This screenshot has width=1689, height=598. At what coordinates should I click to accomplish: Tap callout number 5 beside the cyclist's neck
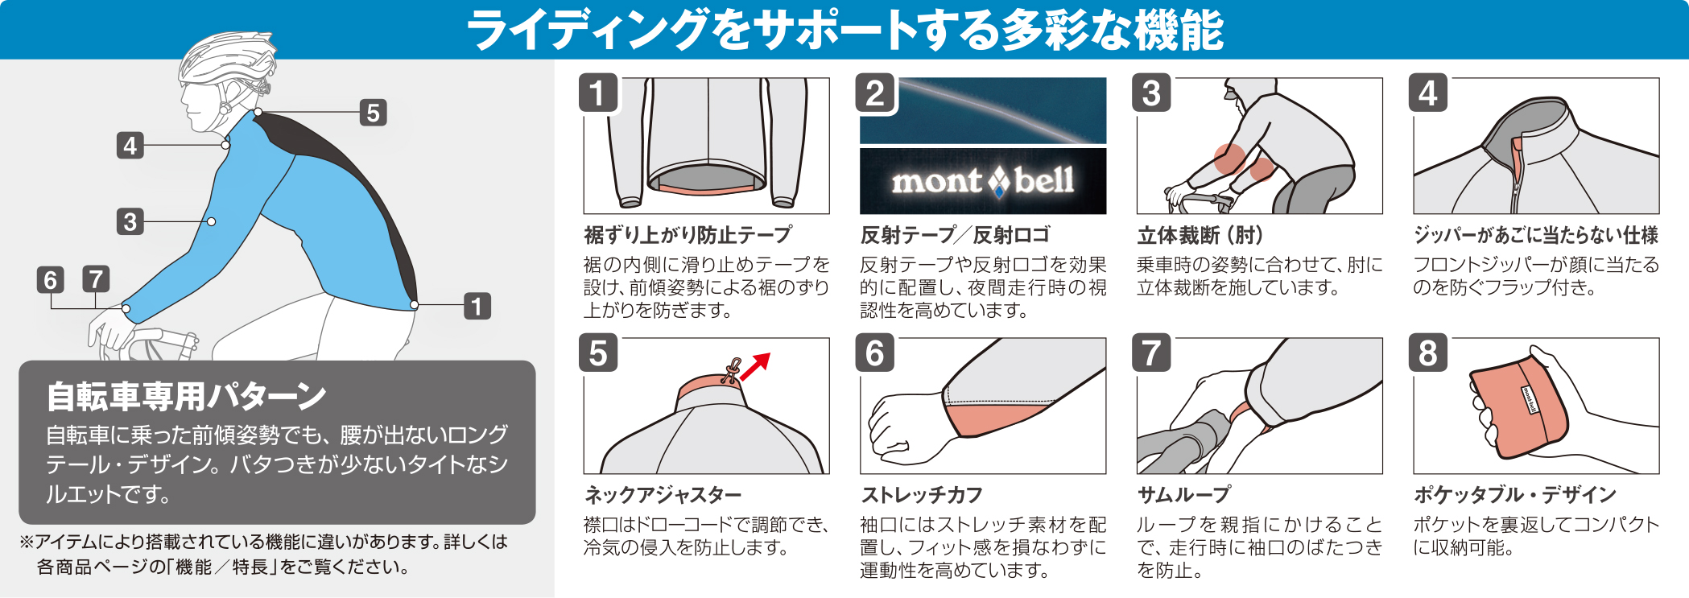coord(373,113)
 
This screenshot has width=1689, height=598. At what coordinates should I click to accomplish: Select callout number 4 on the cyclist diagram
coord(130,146)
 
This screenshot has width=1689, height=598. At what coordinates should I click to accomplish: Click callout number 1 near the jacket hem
coord(477,307)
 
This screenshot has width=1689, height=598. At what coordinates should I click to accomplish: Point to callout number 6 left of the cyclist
coord(51,280)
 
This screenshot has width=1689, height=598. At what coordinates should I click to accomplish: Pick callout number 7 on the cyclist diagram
coord(96,280)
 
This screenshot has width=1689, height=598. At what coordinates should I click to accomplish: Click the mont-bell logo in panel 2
coord(982,181)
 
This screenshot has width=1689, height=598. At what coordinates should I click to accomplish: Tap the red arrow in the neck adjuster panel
coord(755,366)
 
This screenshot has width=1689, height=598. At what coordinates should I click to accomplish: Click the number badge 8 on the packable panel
coord(1428,353)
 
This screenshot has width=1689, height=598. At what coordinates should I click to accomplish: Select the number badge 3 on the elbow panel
coord(1151,93)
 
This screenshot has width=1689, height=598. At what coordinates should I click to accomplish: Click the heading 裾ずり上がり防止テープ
coord(688,235)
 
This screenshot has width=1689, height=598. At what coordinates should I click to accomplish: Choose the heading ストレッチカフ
coord(922,495)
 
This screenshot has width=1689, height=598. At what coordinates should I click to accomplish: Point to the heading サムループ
coord(1184,495)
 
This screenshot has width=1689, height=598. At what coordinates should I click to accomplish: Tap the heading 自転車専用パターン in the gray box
coord(186,396)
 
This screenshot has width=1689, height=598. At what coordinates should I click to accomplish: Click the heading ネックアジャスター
coord(663,495)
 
